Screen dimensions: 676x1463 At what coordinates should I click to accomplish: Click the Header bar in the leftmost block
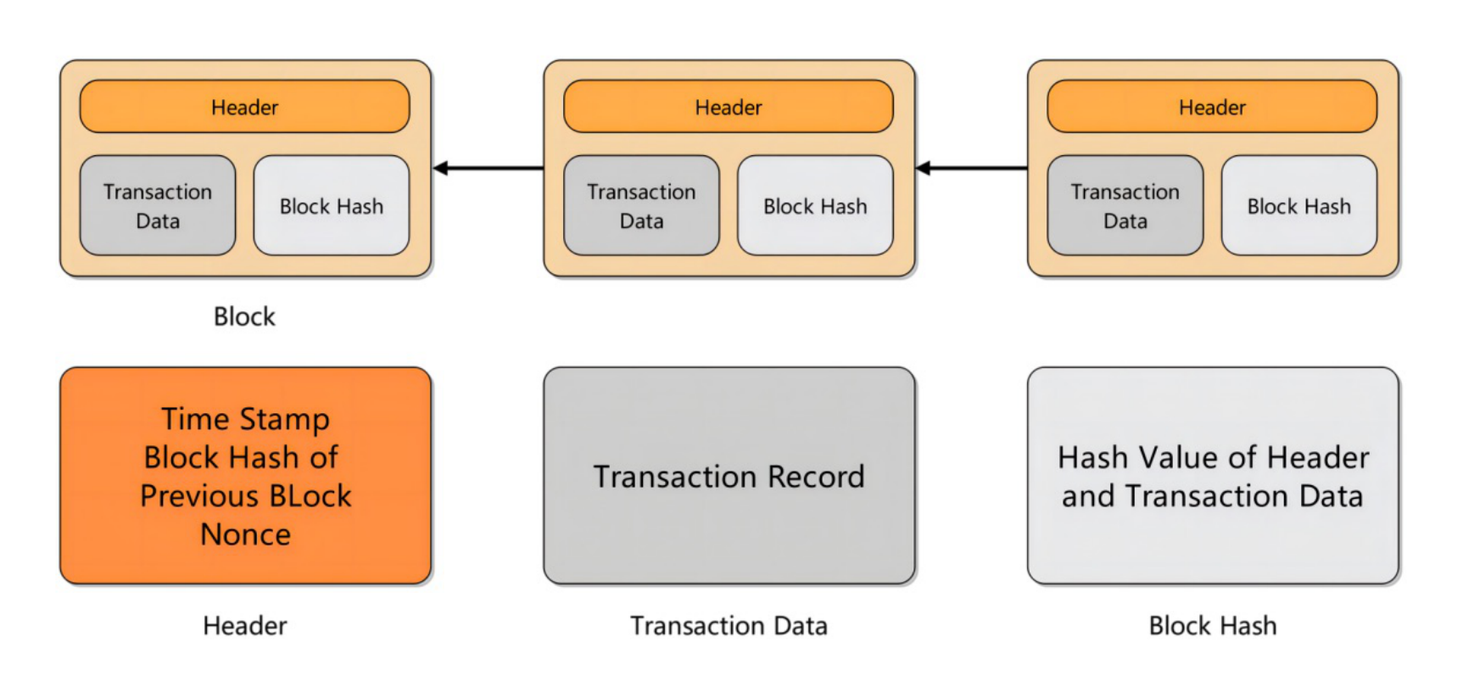(x=244, y=107)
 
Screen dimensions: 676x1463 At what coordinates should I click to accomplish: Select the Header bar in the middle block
(x=728, y=107)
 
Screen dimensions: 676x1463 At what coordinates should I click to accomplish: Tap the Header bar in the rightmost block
(x=1211, y=107)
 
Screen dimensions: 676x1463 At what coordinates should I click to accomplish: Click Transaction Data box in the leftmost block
(x=158, y=206)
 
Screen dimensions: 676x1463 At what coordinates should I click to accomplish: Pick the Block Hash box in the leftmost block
(x=332, y=206)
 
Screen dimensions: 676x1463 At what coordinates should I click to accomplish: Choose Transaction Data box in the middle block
(x=641, y=206)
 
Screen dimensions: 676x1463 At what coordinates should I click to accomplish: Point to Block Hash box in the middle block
(x=815, y=206)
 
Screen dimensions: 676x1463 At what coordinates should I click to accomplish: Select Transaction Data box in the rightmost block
(x=1125, y=206)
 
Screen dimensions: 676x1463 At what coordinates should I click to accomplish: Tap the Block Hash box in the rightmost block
(x=1298, y=206)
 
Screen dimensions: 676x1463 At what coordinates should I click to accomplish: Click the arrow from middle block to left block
(x=489, y=168)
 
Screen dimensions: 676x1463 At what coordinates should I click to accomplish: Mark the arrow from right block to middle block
(x=972, y=168)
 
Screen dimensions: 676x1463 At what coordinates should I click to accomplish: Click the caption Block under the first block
(x=244, y=316)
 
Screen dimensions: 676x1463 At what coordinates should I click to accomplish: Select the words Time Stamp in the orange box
(x=245, y=419)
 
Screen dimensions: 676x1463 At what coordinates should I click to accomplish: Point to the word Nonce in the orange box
(x=245, y=534)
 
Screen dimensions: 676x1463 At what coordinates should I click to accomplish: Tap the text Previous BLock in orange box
(x=245, y=496)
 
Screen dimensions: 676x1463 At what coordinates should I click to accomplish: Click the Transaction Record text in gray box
(x=729, y=477)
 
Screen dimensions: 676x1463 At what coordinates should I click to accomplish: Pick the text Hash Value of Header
(x=1213, y=458)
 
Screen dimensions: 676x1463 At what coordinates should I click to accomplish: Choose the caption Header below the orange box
(x=244, y=626)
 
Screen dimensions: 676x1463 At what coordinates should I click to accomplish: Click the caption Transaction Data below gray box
(x=729, y=626)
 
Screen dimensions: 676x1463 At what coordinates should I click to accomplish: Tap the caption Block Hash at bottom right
(x=1212, y=626)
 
